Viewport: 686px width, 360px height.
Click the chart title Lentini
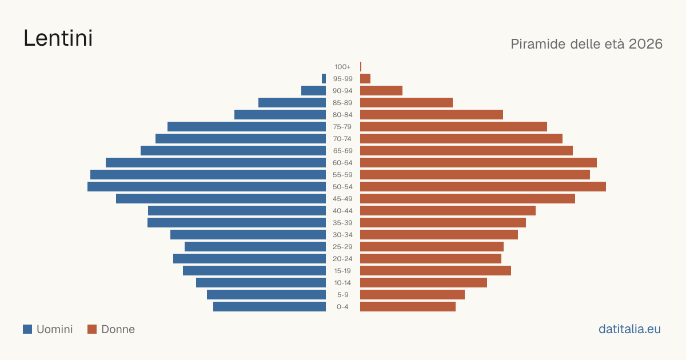click(x=58, y=38)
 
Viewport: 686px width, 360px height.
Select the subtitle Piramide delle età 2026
click(x=587, y=44)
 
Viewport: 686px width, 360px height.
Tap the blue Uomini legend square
click(x=27, y=329)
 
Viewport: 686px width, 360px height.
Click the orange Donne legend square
click(x=92, y=329)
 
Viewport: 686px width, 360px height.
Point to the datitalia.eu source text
click(x=629, y=329)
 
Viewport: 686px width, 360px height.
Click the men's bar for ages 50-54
click(x=207, y=187)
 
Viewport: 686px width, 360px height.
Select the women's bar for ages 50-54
click(x=483, y=187)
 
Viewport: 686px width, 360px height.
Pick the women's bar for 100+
click(x=361, y=66)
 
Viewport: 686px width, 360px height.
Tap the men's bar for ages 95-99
click(x=324, y=79)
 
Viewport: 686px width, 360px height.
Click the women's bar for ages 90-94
click(x=381, y=91)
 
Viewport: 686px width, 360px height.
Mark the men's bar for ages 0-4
click(x=269, y=307)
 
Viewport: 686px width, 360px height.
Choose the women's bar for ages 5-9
click(x=413, y=295)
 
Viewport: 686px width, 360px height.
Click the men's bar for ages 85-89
click(x=292, y=102)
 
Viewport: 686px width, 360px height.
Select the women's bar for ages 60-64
click(x=478, y=162)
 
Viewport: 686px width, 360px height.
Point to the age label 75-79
click(x=342, y=127)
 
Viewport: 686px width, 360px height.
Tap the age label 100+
click(x=342, y=67)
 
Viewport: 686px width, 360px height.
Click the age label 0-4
click(x=342, y=307)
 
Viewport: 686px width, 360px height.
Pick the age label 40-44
click(x=342, y=211)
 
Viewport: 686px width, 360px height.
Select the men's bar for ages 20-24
click(x=250, y=259)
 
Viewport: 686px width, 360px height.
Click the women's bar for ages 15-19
click(x=436, y=271)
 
